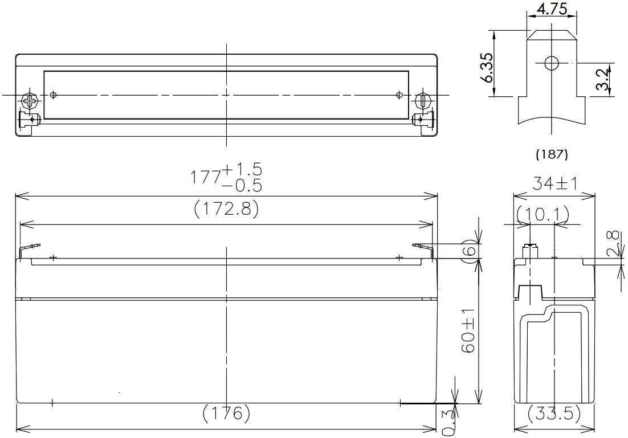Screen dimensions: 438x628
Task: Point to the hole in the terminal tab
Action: [x=551, y=63]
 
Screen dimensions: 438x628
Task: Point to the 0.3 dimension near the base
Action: [x=448, y=421]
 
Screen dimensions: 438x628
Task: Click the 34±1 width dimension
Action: [x=554, y=184]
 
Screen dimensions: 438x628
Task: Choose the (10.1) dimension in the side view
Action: [x=543, y=214]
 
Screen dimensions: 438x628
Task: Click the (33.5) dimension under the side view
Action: [x=554, y=414]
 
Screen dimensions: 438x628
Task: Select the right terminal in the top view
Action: [x=422, y=101]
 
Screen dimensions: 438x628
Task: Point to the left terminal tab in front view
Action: [x=30, y=248]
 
